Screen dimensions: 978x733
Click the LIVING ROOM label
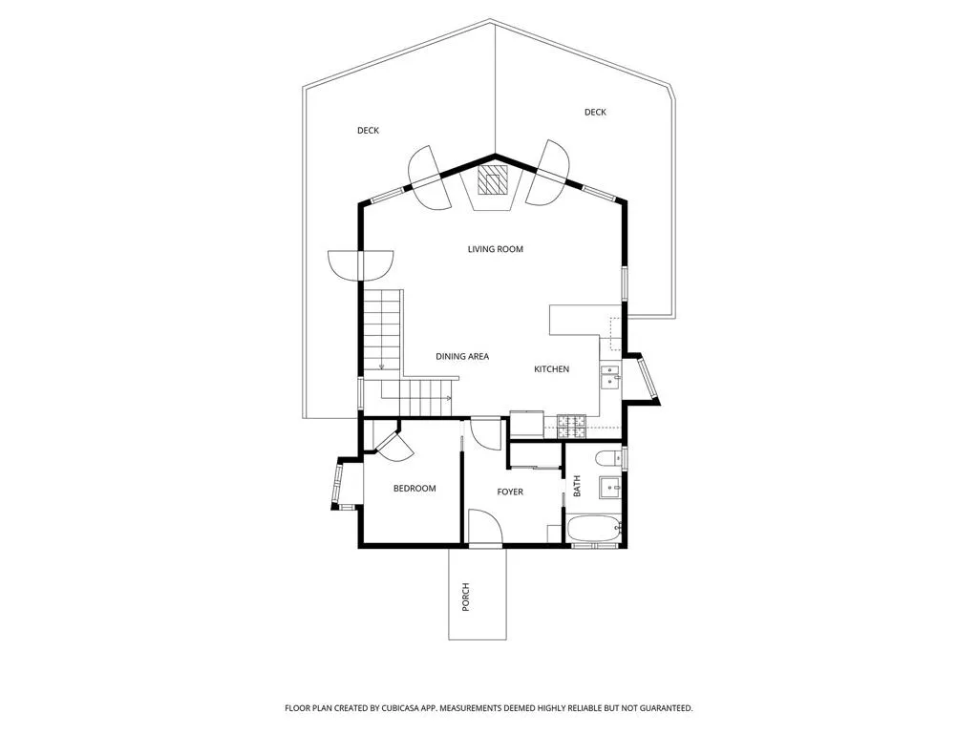496,249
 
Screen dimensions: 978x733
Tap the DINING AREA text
462,357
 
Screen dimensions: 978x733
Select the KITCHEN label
551,369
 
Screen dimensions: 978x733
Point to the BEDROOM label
415,488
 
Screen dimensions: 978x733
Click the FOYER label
510,492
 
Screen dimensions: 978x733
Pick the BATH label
576,486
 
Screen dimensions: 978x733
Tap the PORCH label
465,597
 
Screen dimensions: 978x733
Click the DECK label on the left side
368,130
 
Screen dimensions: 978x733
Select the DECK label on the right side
595,113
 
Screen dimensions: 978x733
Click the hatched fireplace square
491,180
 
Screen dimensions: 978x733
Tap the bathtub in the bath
594,530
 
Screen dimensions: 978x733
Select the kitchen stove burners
571,427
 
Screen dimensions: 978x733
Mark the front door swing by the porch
485,527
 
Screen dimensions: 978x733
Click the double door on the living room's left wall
360,263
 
